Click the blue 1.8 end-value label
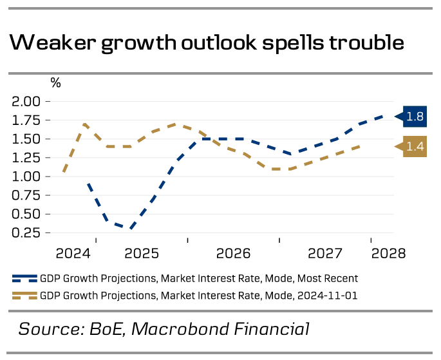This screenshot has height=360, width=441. point(415,117)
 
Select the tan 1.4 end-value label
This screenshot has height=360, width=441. point(415,147)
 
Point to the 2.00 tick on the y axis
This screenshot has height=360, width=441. point(26,102)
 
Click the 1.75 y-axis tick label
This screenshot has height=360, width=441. point(26,120)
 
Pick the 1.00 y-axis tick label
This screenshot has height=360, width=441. point(26,176)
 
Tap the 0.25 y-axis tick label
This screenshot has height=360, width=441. point(26,232)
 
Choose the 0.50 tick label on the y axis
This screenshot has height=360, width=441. point(26,214)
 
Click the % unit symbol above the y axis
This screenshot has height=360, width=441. point(56,83)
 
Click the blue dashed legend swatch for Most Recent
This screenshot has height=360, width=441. point(24,279)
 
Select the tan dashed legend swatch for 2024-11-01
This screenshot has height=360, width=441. point(24,296)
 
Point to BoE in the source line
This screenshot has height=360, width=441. point(106,329)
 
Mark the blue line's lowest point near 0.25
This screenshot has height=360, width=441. point(131,228)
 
